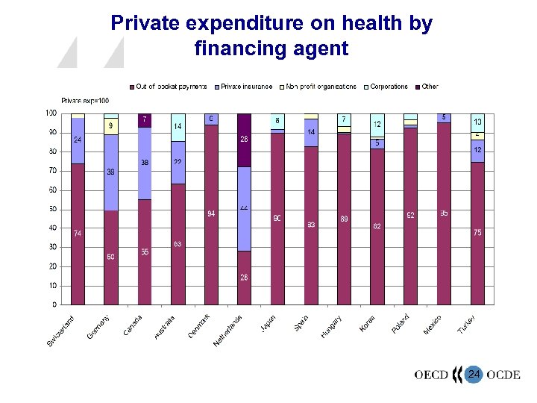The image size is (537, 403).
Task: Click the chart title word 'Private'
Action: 145,24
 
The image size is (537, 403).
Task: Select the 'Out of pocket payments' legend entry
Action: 171,87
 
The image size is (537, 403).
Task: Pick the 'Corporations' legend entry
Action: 389,87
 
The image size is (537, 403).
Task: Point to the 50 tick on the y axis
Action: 51,209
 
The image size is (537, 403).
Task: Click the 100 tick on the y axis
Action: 50,113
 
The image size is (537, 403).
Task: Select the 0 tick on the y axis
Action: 54,304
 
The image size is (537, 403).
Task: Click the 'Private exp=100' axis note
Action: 85,100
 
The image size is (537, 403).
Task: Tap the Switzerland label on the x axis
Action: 61,331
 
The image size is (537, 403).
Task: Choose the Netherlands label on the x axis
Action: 227,331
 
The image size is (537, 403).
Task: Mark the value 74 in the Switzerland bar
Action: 78,234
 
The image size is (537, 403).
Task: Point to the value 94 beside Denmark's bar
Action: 211,213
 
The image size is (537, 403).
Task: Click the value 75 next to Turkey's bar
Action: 477,233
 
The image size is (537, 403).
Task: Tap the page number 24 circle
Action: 473,374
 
